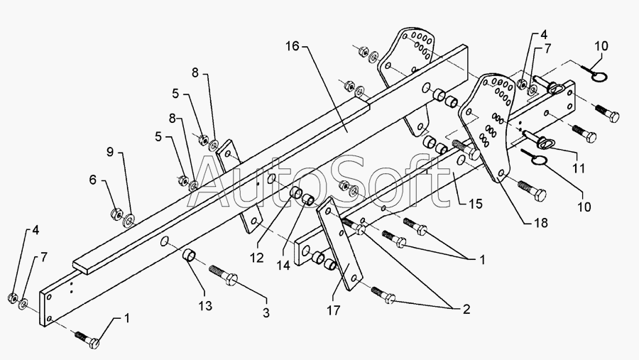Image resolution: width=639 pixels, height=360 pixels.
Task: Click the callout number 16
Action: tap(293, 46)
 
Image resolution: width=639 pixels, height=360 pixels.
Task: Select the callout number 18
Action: tap(541, 223)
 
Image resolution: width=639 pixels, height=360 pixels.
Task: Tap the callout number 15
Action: tap(475, 204)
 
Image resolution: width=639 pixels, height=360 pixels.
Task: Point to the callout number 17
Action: tap(333, 311)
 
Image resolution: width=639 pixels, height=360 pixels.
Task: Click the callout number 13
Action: tap(205, 305)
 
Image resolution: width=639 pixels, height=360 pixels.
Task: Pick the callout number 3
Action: tap(266, 312)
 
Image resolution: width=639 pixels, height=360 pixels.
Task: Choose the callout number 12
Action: tap(257, 258)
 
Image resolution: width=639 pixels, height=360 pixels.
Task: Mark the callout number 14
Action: tap(283, 265)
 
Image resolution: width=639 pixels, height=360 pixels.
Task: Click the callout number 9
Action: tap(110, 152)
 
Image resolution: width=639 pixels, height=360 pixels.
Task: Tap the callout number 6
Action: tap(93, 180)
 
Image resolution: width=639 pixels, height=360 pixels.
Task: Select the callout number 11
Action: tap(579, 168)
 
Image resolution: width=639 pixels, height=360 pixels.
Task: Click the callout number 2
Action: tap(466, 309)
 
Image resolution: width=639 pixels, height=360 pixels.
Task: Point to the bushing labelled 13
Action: tap(188, 256)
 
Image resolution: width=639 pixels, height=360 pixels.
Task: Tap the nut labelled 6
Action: tap(116, 213)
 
